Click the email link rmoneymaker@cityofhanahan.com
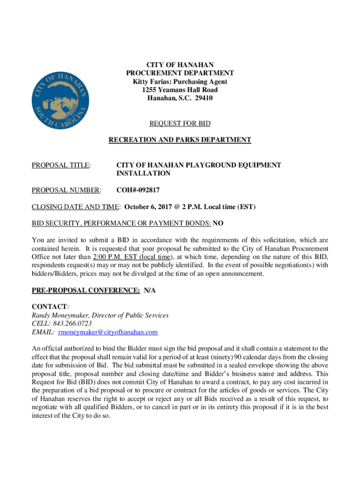[108, 332]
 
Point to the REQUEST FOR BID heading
[180, 123]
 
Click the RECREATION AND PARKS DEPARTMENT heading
[180, 140]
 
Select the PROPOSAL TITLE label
[61, 165]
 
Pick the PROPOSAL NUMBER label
[66, 190]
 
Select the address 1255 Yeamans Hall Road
[180, 90]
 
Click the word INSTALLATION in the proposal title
[144, 174]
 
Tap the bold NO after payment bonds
[218, 224]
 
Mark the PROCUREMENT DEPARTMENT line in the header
[180, 73]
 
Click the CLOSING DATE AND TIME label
[76, 207]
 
